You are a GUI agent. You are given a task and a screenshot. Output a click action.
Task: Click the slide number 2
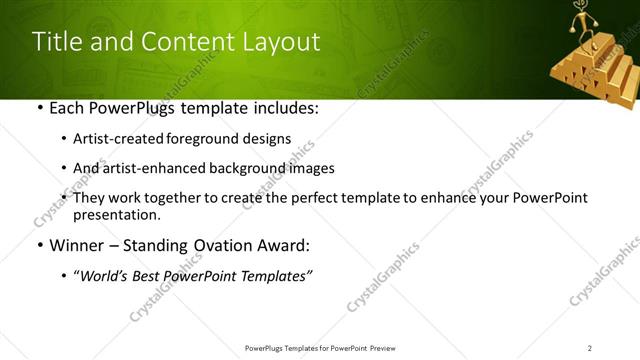590,347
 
